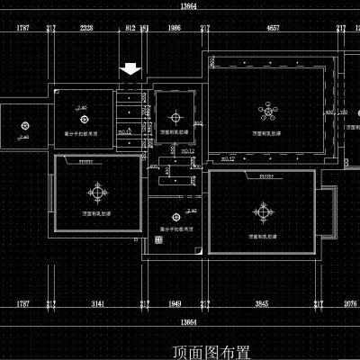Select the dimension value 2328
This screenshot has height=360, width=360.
coord(86,29)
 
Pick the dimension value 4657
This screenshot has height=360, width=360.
coord(272,29)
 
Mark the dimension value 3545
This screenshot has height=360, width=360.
coord(262,305)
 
